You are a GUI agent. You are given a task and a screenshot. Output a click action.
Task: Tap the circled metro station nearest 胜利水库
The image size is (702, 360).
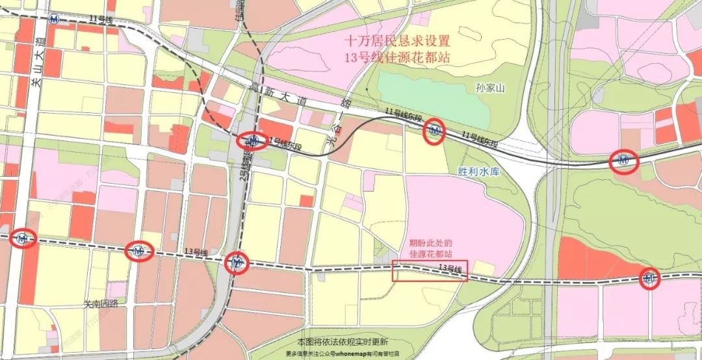click(435, 133)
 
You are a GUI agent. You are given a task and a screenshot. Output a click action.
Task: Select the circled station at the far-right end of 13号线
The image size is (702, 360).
click(649, 279)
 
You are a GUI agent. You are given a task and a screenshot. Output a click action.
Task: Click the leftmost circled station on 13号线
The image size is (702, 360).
click(23, 239)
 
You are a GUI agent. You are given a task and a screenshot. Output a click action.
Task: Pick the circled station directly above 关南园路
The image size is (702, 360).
click(138, 250)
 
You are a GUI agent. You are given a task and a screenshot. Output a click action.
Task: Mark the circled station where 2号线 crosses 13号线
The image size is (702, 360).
click(237, 263)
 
